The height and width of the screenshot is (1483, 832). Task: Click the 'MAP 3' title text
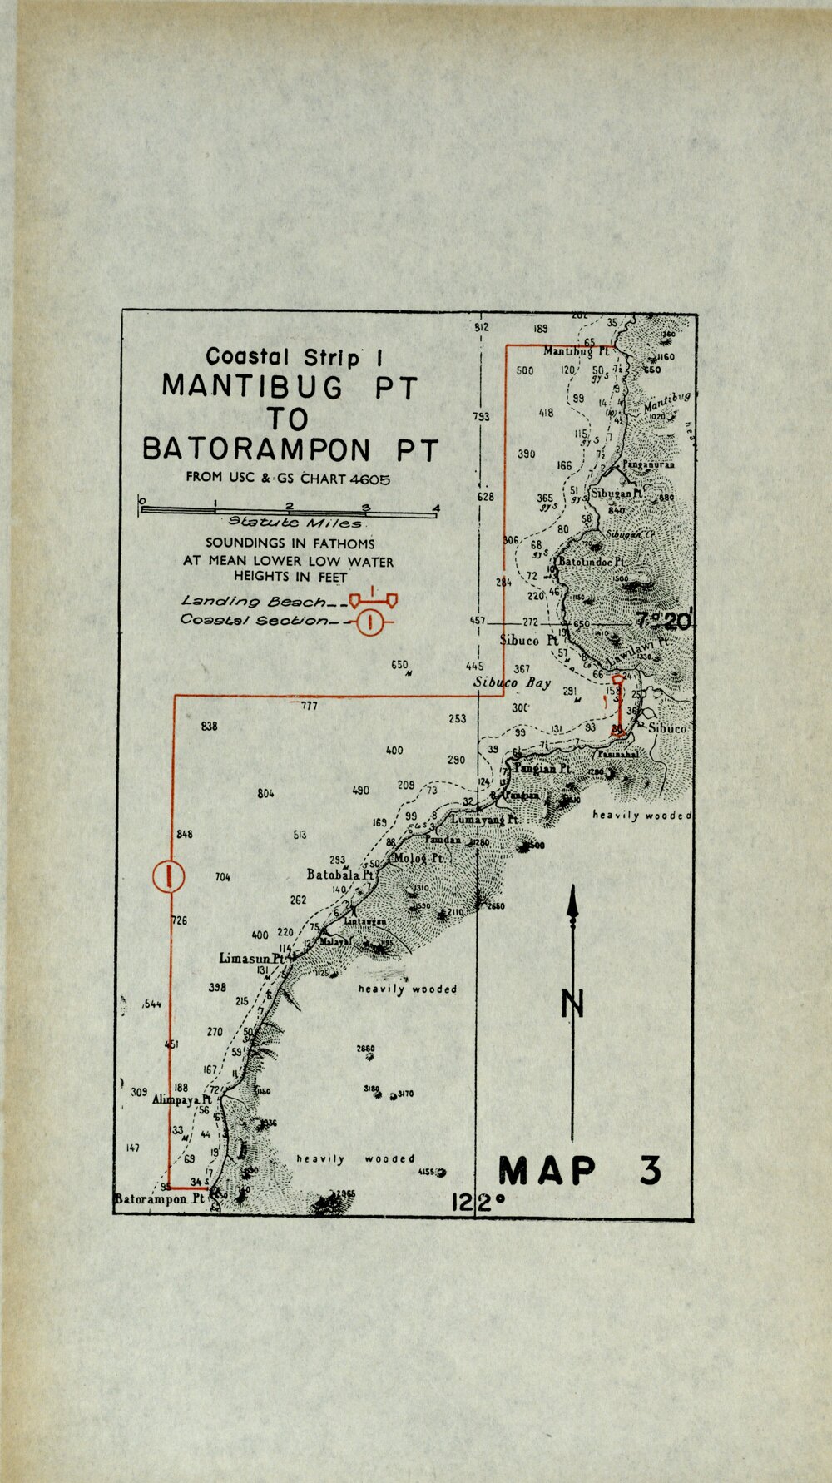pyautogui.click(x=580, y=1170)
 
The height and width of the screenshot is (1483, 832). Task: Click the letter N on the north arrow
pyautogui.click(x=572, y=1004)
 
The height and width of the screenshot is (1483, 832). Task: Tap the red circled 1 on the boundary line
pyautogui.click(x=169, y=875)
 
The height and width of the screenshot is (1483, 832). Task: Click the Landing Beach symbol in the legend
pyautogui.click(x=373, y=598)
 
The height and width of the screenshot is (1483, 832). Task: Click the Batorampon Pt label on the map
pyautogui.click(x=160, y=1200)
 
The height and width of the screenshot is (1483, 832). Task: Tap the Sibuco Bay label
pyautogui.click(x=513, y=682)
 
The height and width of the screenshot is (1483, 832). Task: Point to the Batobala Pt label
pyautogui.click(x=339, y=875)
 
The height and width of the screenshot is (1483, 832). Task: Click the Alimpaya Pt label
pyautogui.click(x=182, y=1099)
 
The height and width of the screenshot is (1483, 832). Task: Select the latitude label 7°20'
pyautogui.click(x=663, y=620)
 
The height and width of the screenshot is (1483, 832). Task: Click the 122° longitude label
pyautogui.click(x=478, y=1203)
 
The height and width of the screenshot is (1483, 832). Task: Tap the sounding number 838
pyautogui.click(x=210, y=727)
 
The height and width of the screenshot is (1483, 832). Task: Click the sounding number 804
pyautogui.click(x=265, y=794)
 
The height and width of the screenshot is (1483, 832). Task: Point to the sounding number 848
pyautogui.click(x=185, y=834)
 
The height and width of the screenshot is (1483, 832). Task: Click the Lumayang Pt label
pyautogui.click(x=485, y=820)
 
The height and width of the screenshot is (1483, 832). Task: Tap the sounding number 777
pyautogui.click(x=310, y=707)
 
